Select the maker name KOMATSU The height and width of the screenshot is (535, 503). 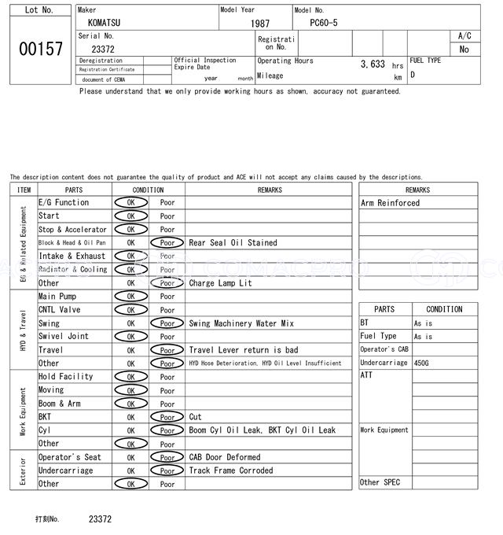pos(105,24)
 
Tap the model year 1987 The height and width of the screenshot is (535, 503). pos(260,24)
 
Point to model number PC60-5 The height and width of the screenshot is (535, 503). pos(324,24)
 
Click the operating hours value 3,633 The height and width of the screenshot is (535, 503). pos(372,65)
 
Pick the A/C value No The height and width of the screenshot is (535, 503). pos(464,50)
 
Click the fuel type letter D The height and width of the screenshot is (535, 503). pos(413,75)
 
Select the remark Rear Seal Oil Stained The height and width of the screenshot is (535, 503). pos(233,243)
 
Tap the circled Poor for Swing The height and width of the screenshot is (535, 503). pos(167,323)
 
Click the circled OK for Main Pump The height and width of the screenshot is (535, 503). pos(130,297)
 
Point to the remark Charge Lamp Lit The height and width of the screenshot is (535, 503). pos(221,283)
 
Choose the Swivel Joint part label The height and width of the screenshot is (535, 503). pos(63,337)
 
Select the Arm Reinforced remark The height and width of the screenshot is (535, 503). pos(391,203)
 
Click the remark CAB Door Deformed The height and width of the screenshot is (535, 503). pos(225,457)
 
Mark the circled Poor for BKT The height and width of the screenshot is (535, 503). pos(167,417)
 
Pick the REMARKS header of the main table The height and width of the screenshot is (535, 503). pos(269,190)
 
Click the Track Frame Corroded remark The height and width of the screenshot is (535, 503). pos(231,470)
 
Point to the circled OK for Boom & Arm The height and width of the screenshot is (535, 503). pos(130,404)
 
